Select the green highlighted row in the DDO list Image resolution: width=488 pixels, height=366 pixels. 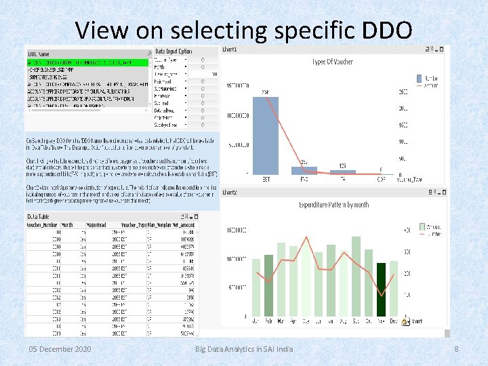click(87, 62)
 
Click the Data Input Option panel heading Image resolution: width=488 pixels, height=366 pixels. click(174, 52)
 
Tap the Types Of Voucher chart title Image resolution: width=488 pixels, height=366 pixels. click(332, 62)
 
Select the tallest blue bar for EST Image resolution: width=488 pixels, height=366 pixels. click(266, 136)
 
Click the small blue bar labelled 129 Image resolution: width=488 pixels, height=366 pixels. click(343, 172)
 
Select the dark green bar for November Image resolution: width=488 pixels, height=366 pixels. click(382, 289)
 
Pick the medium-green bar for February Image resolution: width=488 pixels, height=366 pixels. click(269, 285)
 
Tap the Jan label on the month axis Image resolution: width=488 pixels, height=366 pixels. click(256, 321)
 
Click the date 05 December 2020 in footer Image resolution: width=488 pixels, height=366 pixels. click(60, 349)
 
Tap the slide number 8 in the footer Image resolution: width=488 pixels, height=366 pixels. click(457, 349)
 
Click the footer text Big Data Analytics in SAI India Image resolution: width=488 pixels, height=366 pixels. click(244, 349)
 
